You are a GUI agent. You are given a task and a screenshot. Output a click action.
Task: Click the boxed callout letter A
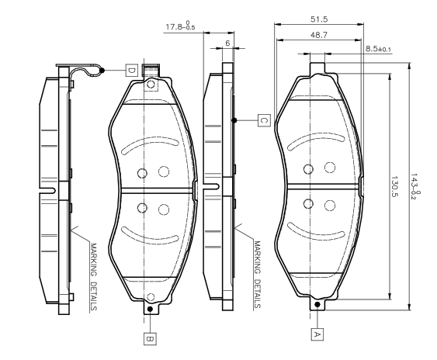click(317, 334)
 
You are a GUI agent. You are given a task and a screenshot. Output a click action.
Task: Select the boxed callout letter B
click(150, 338)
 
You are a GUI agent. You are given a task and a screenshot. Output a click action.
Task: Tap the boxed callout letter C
click(264, 120)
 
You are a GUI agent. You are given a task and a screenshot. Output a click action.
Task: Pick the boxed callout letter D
click(131, 71)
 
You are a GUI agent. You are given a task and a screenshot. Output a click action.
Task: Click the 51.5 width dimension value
click(319, 19)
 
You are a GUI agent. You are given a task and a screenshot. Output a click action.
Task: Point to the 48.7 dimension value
click(319, 35)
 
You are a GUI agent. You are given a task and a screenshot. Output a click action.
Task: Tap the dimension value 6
click(227, 43)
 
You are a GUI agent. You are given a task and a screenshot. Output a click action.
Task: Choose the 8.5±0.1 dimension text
click(379, 49)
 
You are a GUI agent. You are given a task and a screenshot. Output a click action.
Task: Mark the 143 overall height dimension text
click(415, 187)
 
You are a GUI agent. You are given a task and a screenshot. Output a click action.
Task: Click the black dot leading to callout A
click(317, 305)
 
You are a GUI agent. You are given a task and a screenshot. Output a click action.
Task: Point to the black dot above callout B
click(150, 309)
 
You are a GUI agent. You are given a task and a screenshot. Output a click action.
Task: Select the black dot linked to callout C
click(234, 120)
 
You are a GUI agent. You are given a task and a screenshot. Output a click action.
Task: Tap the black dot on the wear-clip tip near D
click(102, 71)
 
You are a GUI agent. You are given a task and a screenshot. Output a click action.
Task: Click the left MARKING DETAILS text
click(93, 277)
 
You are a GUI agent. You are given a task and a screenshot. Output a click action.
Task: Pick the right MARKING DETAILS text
click(257, 275)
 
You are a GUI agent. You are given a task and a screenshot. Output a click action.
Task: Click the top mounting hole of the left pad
click(151, 84)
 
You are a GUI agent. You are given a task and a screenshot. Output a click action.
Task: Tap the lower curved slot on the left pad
click(150, 234)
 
